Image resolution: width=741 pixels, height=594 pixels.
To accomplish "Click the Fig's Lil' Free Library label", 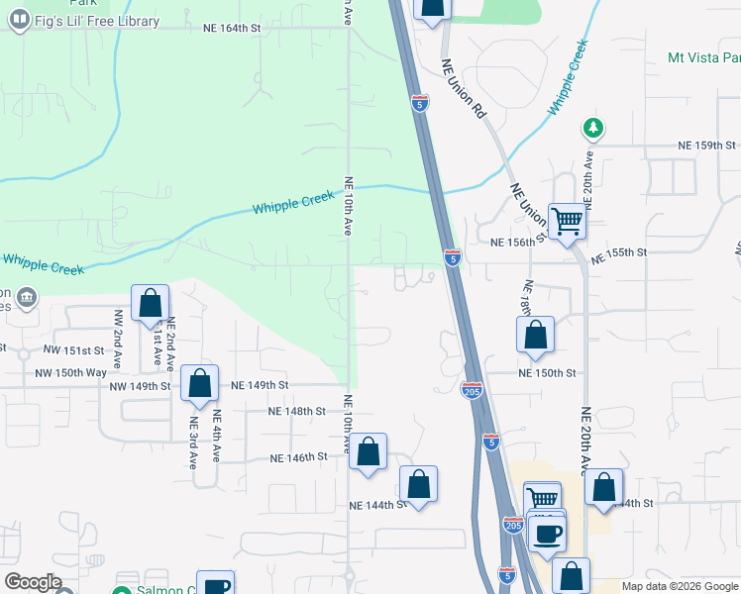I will [96, 21].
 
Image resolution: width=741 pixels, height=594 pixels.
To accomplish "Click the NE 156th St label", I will [519, 241].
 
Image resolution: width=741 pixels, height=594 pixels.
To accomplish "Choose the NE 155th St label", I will [618, 253].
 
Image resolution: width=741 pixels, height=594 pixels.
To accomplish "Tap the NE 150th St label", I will [548, 373].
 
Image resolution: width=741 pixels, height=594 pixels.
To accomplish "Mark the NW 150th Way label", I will [70, 373].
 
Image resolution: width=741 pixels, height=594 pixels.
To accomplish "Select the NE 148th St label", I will [297, 411].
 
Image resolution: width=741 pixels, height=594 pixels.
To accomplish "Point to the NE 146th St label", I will [299, 457].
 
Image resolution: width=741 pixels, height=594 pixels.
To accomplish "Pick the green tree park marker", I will [592, 128].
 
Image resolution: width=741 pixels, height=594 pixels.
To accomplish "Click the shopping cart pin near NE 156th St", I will [567, 221].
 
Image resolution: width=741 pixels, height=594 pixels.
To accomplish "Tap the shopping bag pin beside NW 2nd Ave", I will [150, 303].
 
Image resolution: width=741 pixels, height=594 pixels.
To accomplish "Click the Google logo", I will [33, 582].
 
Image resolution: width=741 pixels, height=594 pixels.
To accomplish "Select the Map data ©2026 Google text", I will [680, 586].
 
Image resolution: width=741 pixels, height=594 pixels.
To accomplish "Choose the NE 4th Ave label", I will [217, 437].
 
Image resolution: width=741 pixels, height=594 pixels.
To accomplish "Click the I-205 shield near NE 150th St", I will [472, 392].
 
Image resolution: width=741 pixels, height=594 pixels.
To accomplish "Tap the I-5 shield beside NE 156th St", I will [452, 257].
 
